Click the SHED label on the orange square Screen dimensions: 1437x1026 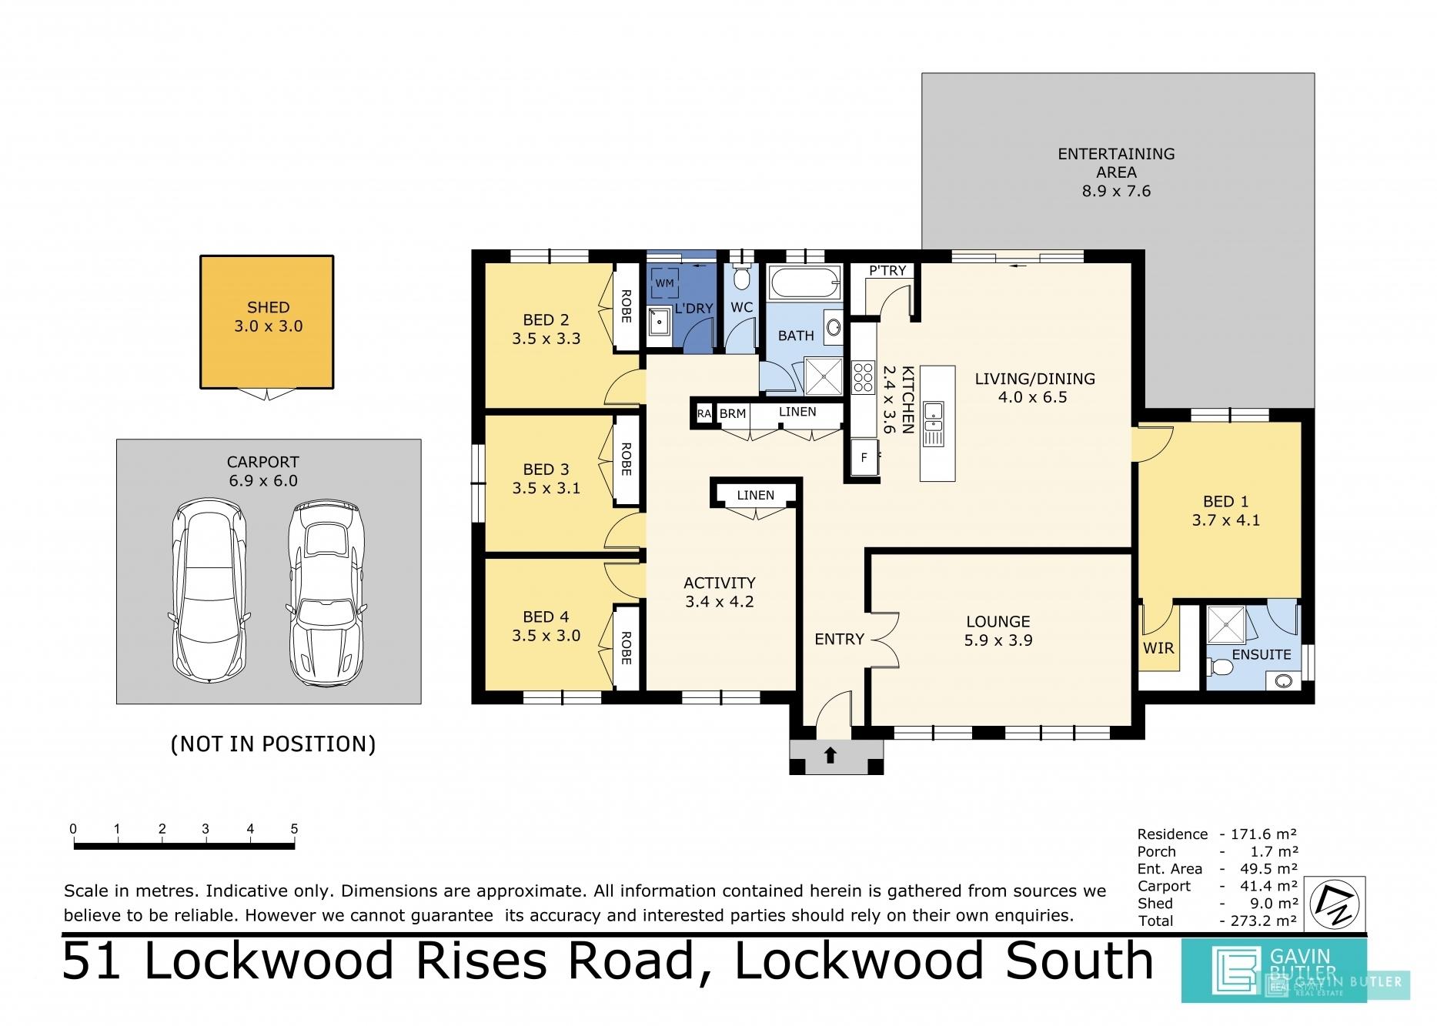point(269,307)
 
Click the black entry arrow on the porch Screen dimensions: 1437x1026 point(830,755)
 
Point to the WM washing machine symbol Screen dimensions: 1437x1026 point(664,283)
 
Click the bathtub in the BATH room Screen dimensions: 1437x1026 point(804,283)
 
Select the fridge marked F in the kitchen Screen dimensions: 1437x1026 point(864,457)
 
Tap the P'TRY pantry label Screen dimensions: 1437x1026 point(887,271)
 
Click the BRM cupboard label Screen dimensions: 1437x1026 point(733,413)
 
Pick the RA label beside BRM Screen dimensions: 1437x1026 point(703,413)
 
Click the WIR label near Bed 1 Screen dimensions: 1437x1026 point(1158,648)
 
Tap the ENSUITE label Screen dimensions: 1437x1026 point(1262,654)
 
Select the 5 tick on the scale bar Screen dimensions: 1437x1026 point(294,830)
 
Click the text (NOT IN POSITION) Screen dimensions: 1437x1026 point(273,744)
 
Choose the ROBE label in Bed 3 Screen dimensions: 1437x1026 point(627,460)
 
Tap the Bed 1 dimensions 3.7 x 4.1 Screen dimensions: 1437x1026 point(1226,520)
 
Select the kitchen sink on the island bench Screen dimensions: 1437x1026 point(934,424)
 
